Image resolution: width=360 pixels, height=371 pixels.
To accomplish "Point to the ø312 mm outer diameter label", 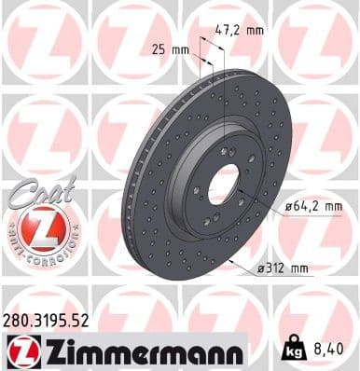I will (283, 268).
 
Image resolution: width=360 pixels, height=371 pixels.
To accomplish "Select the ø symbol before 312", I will (263, 268).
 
